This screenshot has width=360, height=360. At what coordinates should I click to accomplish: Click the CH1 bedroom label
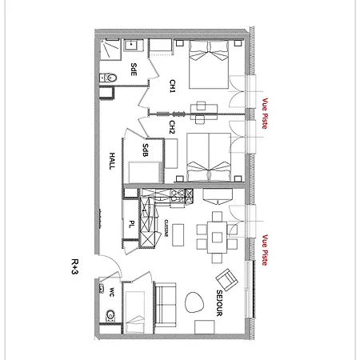[173, 86]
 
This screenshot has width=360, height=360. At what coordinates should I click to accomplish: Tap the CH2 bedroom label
[173, 127]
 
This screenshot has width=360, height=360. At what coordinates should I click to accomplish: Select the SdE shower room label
[134, 70]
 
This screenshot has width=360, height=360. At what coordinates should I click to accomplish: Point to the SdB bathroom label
[146, 150]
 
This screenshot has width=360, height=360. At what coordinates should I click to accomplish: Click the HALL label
[112, 161]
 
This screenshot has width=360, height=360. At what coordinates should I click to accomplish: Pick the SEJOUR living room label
[219, 303]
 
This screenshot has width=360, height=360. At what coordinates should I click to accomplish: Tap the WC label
[111, 292]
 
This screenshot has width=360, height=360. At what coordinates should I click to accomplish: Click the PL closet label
[131, 224]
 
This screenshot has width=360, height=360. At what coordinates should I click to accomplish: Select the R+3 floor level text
[75, 266]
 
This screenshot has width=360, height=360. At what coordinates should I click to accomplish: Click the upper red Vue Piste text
[265, 114]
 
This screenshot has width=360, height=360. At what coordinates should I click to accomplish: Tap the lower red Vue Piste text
[265, 250]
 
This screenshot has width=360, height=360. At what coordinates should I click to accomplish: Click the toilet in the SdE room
[108, 78]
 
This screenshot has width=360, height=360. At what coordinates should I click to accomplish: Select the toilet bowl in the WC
[110, 315]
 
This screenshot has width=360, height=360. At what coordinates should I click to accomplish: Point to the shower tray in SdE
[110, 48]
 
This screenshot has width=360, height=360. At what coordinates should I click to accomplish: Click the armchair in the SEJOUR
[226, 279]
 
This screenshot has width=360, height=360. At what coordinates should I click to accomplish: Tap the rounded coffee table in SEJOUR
[194, 302]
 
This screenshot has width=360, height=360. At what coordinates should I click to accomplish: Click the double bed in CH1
[209, 64]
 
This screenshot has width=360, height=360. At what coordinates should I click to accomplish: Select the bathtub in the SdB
[146, 172]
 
